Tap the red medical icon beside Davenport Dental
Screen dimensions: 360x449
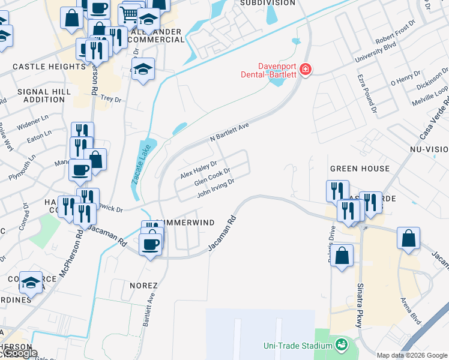(x=305, y=70)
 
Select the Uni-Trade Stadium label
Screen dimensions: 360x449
(x=298, y=346)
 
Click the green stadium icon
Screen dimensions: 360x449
(x=341, y=345)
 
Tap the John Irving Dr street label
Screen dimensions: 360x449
(x=215, y=188)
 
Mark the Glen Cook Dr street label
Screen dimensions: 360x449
(x=212, y=178)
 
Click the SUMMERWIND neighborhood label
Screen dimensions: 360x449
(x=185, y=223)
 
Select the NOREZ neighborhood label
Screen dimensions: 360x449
(x=143, y=286)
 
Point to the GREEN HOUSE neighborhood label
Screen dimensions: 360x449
(x=360, y=169)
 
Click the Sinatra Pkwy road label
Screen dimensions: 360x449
(x=360, y=305)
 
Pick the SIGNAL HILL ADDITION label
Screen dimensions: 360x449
(x=44, y=96)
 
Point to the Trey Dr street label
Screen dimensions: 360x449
(x=110, y=98)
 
